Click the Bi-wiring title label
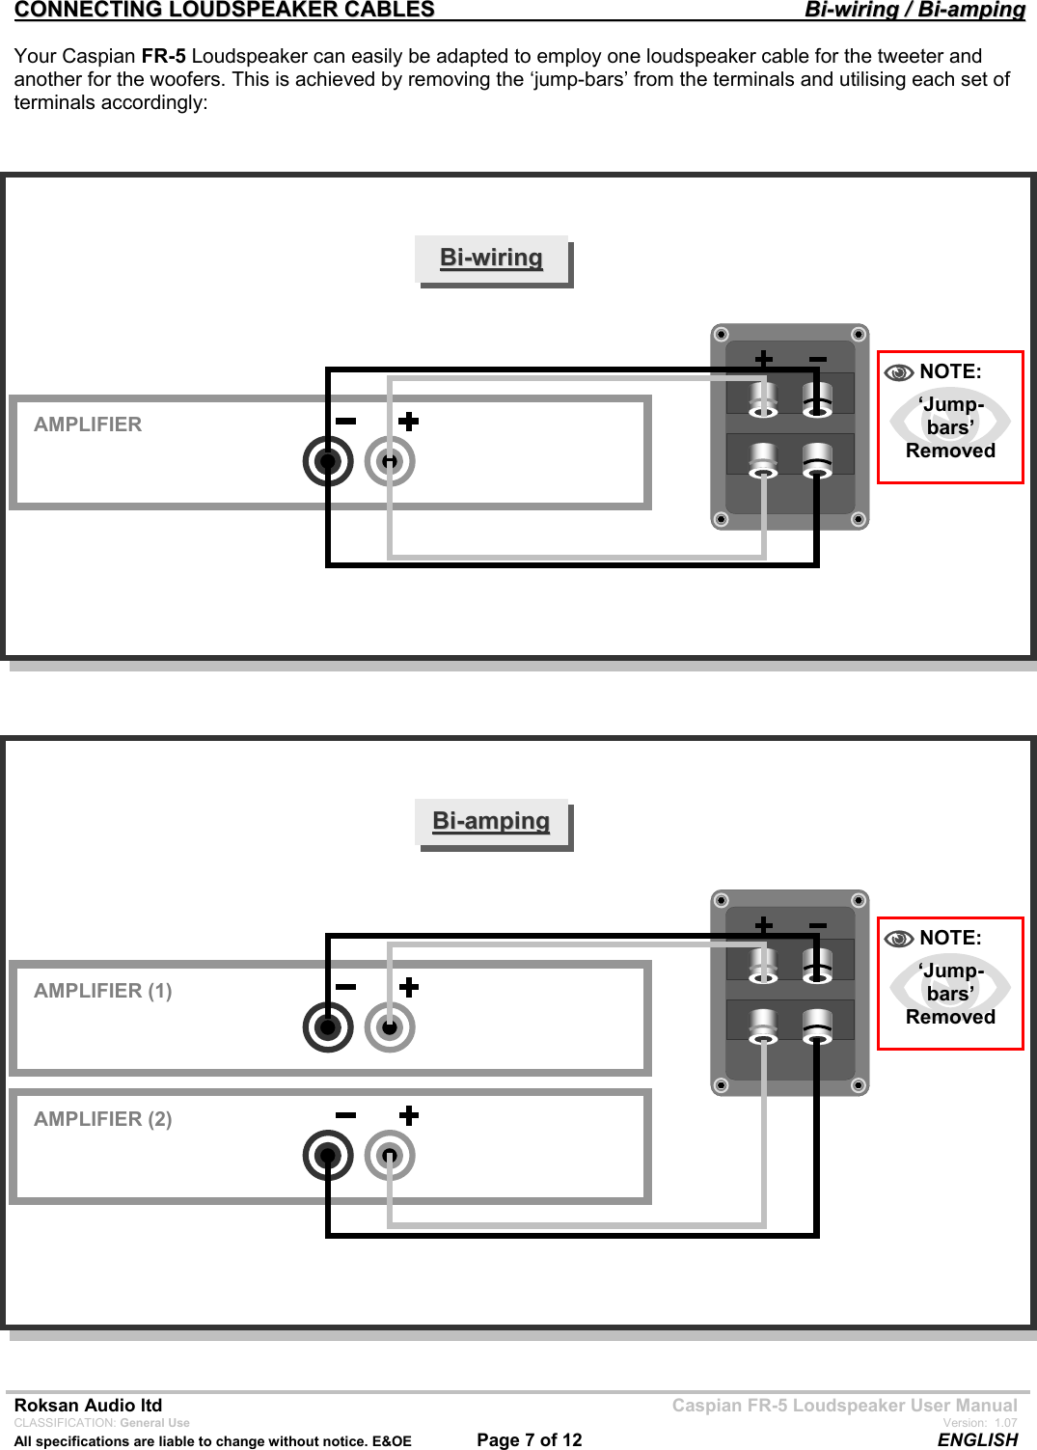click(491, 258)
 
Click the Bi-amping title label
click(491, 821)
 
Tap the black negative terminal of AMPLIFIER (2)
click(328, 1156)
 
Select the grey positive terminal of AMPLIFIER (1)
click(390, 1027)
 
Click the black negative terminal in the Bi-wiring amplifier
click(328, 461)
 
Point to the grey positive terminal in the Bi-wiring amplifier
click(390, 461)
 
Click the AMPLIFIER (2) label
click(103, 1119)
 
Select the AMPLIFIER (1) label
click(103, 991)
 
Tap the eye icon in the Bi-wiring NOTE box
click(899, 372)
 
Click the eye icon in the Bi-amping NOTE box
click(899, 939)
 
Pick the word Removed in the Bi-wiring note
click(950, 451)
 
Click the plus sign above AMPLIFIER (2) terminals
click(409, 1115)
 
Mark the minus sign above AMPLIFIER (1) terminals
click(345, 987)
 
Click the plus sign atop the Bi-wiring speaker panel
click(763, 359)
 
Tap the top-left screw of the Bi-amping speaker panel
click(721, 900)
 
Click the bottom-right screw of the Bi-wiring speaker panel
click(858, 519)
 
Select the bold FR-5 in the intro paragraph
click(163, 56)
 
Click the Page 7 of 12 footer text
click(530, 1439)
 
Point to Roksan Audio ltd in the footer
click(88, 1405)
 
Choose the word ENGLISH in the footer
click(977, 1439)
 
